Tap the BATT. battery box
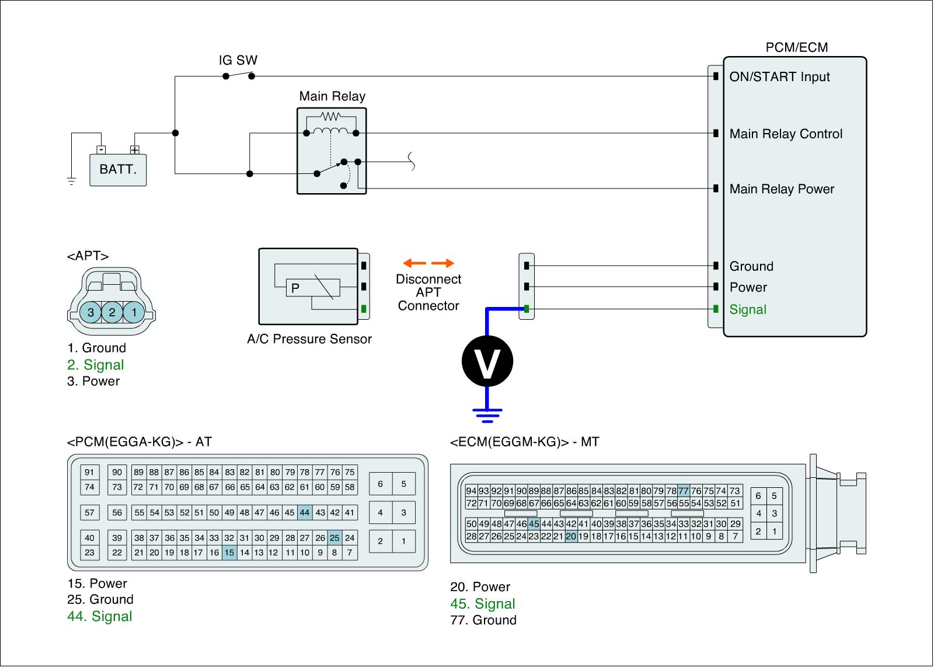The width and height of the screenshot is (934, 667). pyautogui.click(x=118, y=170)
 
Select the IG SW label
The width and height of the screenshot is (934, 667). pyautogui.click(x=238, y=60)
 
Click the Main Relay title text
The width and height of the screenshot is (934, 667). pyautogui.click(x=332, y=96)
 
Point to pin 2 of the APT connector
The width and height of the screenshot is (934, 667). pyautogui.click(x=112, y=312)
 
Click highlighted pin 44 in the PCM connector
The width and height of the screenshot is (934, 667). pyautogui.click(x=305, y=513)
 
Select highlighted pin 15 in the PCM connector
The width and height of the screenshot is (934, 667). pyautogui.click(x=229, y=553)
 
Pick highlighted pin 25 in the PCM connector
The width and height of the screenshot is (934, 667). pyautogui.click(x=334, y=538)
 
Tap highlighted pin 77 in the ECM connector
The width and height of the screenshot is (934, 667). pyautogui.click(x=684, y=491)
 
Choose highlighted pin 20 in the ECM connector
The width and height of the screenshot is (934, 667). pyautogui.click(x=571, y=536)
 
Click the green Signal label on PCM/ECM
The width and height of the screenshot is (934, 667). pyautogui.click(x=748, y=310)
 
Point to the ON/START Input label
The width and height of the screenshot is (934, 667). pyautogui.click(x=779, y=77)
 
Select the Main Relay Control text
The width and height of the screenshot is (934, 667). pyautogui.click(x=786, y=134)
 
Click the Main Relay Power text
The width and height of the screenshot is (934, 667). pyautogui.click(x=782, y=189)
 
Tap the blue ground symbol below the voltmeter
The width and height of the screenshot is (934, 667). pyautogui.click(x=487, y=415)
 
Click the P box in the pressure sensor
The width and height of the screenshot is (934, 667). pyautogui.click(x=295, y=288)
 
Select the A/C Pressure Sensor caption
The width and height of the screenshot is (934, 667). pyautogui.click(x=309, y=339)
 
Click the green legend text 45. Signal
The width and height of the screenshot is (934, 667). pyautogui.click(x=483, y=604)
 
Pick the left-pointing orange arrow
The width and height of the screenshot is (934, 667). pyautogui.click(x=414, y=263)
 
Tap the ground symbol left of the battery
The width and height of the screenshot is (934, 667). pyautogui.click(x=71, y=181)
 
